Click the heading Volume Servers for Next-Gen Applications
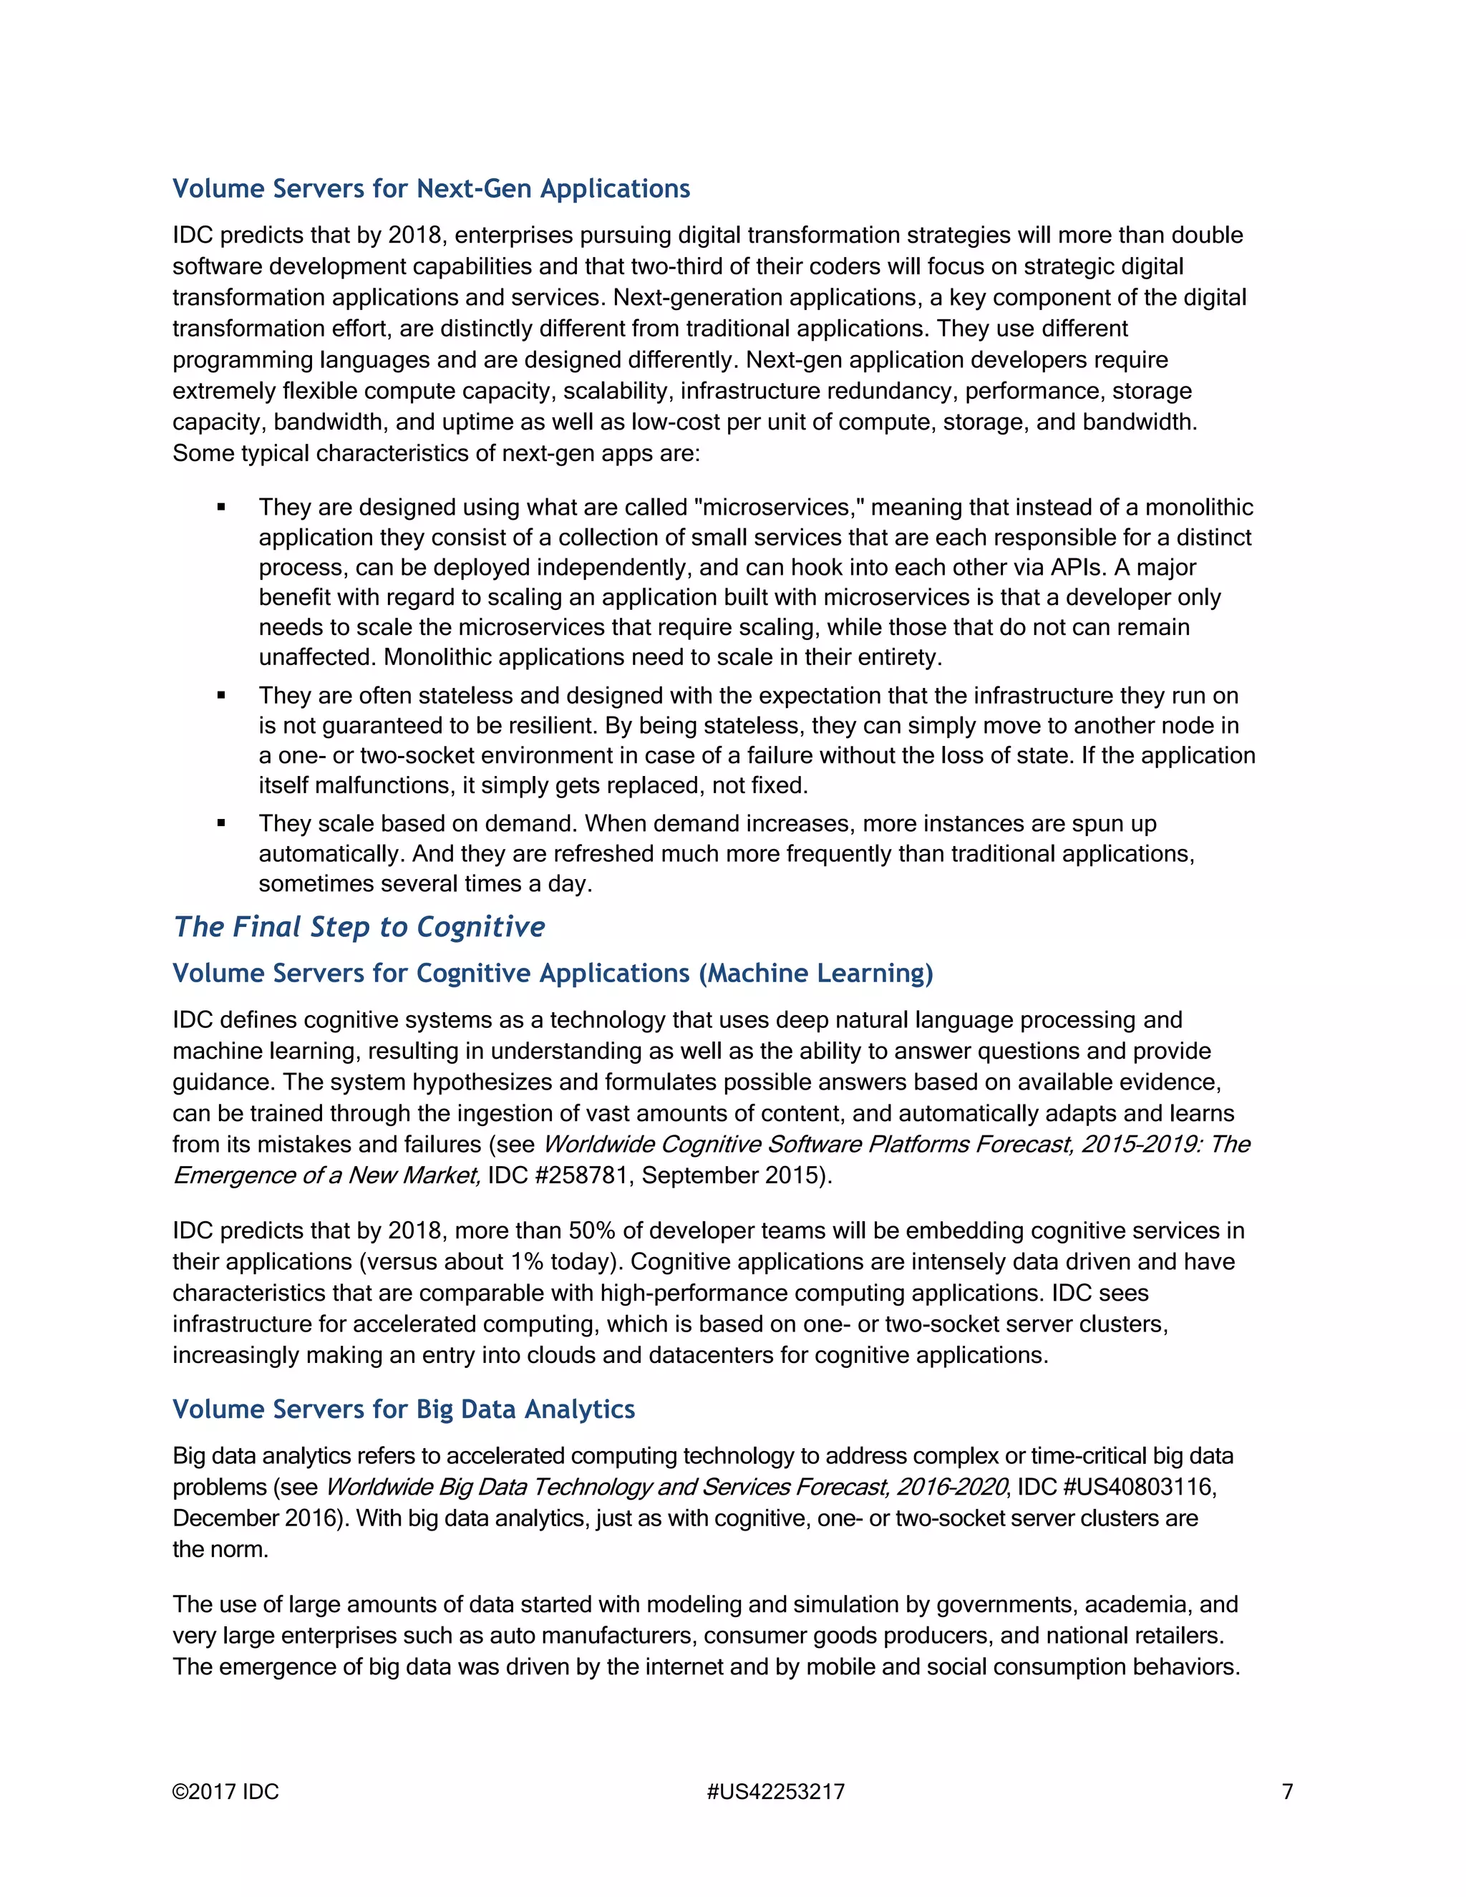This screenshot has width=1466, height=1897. tap(431, 188)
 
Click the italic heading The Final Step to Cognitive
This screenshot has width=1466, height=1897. tap(359, 927)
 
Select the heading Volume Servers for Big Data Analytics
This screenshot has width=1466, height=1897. tap(404, 1409)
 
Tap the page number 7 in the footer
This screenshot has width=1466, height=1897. tap(1288, 1792)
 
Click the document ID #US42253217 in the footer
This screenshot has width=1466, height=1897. tap(775, 1792)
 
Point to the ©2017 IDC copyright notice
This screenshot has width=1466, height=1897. tap(225, 1792)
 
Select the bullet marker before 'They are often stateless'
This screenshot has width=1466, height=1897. tap(221, 696)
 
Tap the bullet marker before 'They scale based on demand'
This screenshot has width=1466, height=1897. tap(221, 823)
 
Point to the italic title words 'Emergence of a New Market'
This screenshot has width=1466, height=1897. tap(326, 1175)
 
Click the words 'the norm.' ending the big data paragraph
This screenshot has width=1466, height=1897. tap(220, 1550)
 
